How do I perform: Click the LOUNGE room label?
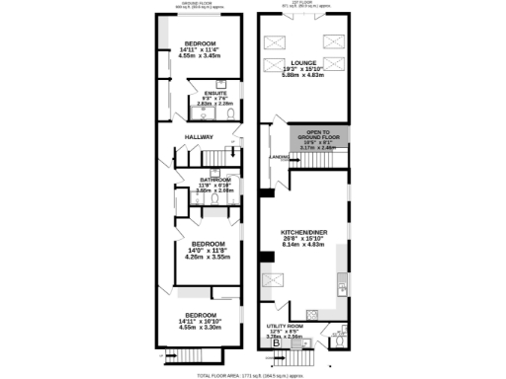point(303,61)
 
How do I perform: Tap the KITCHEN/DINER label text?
point(303,232)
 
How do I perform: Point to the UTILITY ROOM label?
point(285,325)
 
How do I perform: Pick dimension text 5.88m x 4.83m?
point(303,73)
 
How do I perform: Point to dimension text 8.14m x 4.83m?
point(303,244)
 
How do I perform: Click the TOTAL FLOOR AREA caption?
point(253,375)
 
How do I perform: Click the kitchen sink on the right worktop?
point(341,289)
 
